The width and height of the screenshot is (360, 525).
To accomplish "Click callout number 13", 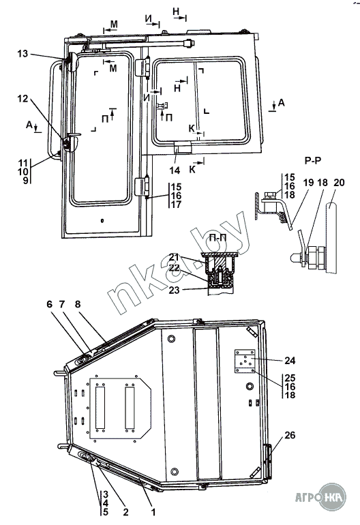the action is (22, 54).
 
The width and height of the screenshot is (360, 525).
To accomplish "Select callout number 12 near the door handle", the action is (22, 99).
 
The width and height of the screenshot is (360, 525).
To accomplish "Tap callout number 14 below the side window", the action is (175, 170).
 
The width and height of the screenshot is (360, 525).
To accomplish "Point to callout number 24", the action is (290, 360).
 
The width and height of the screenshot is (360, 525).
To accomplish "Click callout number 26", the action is (290, 435).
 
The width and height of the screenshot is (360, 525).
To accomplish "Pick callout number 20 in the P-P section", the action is (339, 183).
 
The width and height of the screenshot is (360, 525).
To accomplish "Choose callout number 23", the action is (175, 290).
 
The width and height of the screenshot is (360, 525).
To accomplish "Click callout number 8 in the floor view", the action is (78, 304).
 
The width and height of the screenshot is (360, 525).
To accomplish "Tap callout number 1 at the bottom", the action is (153, 512).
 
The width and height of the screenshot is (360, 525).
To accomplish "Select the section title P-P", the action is (313, 161).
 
